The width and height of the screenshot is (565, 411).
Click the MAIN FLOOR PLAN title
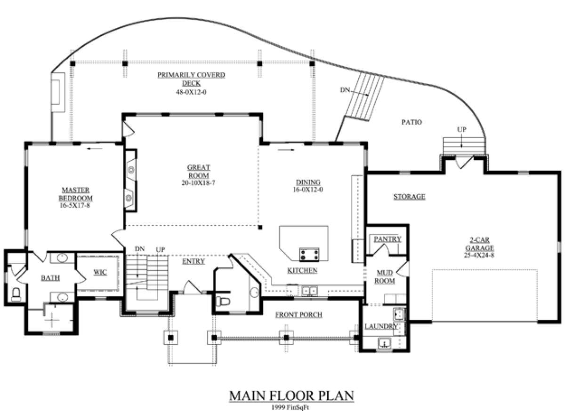point(291,396)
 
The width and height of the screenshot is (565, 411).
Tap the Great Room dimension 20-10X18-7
point(198,183)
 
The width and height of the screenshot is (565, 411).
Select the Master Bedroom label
point(76,194)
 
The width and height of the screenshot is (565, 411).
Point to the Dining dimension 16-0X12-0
point(308,190)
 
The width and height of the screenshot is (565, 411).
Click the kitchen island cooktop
point(309,254)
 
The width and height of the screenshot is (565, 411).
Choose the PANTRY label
point(387,239)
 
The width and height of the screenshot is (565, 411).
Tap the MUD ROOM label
point(385,277)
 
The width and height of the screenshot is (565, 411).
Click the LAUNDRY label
point(381,326)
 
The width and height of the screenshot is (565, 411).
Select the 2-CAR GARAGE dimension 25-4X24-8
point(479,255)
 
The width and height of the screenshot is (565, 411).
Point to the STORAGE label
point(409,197)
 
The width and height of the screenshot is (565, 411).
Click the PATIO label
point(412,122)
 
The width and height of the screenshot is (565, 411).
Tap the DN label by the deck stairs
point(345,90)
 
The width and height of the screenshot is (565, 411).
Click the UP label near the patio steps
point(462,129)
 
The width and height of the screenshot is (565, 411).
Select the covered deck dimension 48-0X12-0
point(191,92)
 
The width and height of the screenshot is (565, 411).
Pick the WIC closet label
point(100,272)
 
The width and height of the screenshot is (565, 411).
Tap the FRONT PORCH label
point(299,315)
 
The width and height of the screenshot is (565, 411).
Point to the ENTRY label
point(194,261)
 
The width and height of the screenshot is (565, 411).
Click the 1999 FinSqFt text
point(290,407)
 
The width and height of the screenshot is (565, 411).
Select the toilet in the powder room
point(223,301)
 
